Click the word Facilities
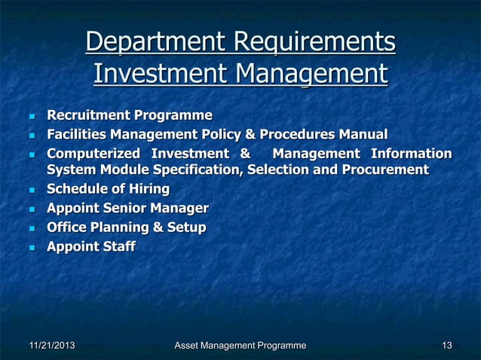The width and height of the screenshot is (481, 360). [76, 135]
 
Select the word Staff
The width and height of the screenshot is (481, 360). [118, 246]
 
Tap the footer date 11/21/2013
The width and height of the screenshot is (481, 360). [52, 346]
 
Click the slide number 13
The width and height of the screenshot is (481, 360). [447, 346]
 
